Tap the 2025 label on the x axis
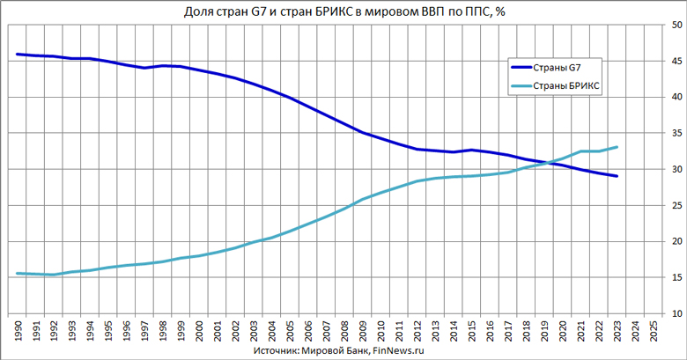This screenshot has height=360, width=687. (x=654, y=330)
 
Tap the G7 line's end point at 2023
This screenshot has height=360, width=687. (x=617, y=176)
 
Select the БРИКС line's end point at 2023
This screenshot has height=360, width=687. (x=617, y=147)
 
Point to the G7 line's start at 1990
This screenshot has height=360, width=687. (x=18, y=55)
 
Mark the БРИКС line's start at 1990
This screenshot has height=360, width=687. (x=18, y=274)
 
